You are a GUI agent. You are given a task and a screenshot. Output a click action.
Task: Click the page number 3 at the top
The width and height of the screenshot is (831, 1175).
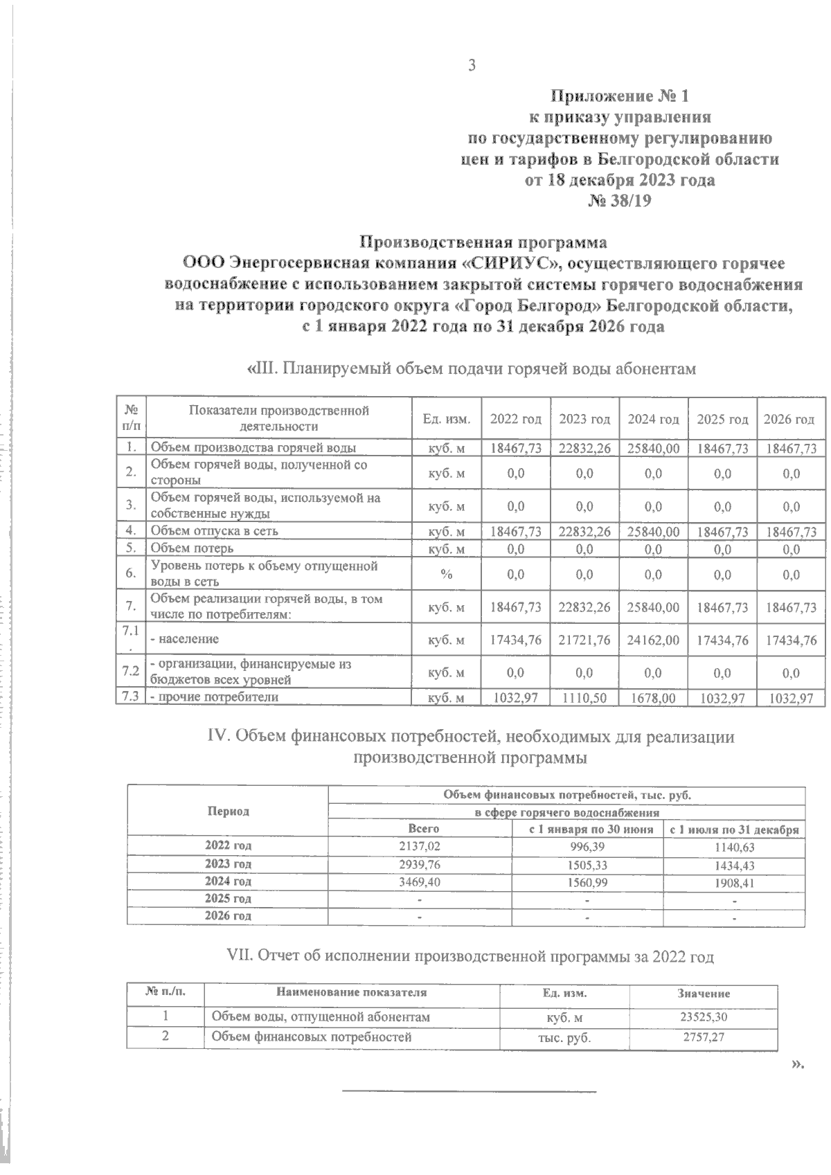point(472,66)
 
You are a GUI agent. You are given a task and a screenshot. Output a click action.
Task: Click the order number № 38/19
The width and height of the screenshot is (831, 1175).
point(619,201)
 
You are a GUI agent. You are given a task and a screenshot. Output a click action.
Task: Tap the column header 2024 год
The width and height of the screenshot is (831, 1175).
point(652,420)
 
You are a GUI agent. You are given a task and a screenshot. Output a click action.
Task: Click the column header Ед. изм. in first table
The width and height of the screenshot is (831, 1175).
point(447,420)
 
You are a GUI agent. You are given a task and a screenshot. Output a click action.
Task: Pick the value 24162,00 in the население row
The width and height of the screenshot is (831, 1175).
point(652,640)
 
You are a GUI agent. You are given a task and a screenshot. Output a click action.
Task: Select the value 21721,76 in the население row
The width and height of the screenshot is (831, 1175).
point(584,640)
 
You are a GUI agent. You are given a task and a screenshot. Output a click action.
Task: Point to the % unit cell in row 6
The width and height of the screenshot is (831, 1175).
point(447,575)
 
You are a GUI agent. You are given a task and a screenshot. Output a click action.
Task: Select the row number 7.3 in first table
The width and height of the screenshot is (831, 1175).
point(129,698)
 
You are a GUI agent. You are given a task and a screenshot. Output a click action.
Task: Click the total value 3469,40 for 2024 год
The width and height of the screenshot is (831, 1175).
point(420,881)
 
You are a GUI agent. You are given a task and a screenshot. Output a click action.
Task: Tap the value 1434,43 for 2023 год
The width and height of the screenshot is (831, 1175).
point(733,865)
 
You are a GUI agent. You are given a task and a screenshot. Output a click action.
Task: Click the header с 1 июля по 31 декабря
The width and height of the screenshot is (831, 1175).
point(733,829)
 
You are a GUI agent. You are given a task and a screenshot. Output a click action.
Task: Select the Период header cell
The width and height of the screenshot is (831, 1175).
point(228,811)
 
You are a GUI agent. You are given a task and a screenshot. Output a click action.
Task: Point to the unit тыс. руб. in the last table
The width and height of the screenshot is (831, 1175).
point(564,1038)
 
